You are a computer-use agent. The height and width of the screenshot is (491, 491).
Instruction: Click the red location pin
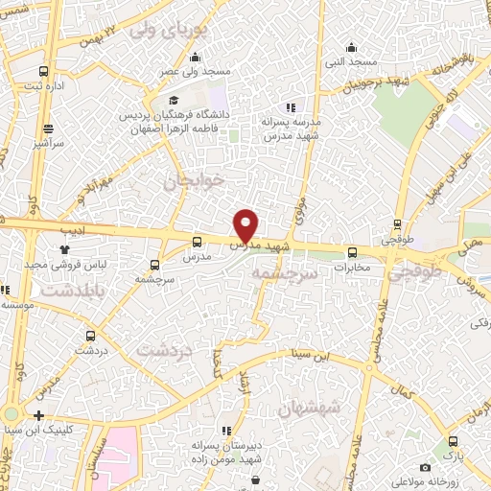[x=246, y=224]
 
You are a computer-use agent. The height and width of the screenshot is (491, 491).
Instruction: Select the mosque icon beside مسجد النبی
[x=352, y=46]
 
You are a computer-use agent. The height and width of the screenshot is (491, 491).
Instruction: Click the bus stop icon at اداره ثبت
[x=43, y=71]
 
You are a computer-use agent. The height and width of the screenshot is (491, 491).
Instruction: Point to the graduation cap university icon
[x=174, y=100]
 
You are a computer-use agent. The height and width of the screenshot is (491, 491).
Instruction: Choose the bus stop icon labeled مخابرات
[x=351, y=252]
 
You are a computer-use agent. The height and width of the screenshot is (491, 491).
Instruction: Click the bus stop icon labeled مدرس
[x=197, y=243]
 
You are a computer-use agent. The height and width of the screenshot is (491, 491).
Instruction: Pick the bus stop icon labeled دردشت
[x=90, y=336]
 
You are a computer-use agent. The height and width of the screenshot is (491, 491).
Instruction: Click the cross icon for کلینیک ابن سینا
[x=37, y=415]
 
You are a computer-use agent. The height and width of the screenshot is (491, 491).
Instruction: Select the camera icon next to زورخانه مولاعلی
[x=425, y=467]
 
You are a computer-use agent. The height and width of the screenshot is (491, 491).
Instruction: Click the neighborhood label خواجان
[x=193, y=179]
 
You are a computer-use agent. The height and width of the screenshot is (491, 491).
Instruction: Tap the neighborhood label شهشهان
[x=309, y=409]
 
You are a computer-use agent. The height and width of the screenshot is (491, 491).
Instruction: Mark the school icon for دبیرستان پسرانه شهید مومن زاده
[x=228, y=430]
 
